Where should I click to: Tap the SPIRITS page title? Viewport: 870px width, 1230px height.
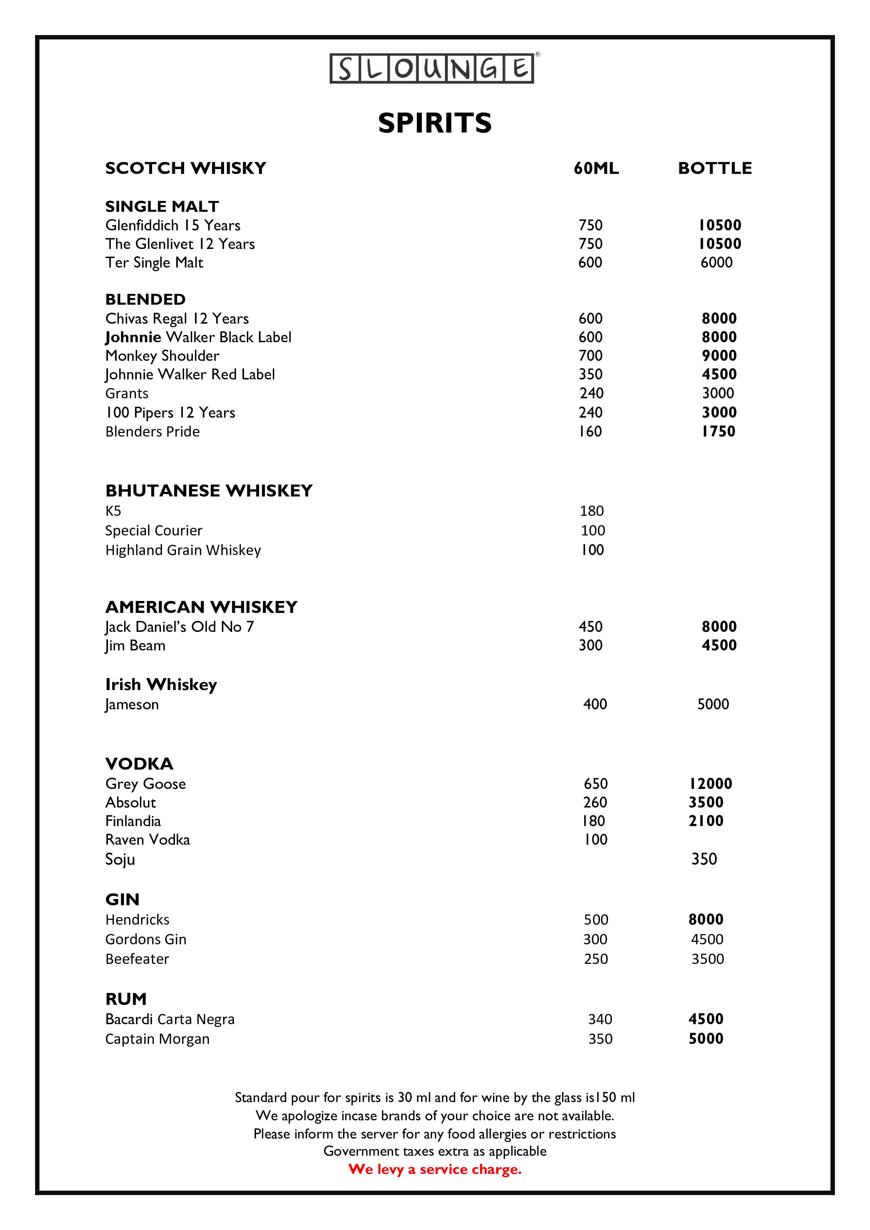434,123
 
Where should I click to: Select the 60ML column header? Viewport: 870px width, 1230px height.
596,168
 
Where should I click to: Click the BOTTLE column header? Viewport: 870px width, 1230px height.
715,168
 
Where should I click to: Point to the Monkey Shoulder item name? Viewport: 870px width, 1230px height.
162,356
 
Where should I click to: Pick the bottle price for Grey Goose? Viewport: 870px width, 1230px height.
710,784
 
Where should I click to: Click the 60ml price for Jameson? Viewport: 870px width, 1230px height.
595,704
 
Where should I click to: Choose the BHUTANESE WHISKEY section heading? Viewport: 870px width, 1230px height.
209,491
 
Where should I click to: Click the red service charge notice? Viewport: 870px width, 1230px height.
434,1169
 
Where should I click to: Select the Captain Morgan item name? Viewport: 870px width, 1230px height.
157,1039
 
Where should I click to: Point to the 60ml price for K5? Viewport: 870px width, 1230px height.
592,511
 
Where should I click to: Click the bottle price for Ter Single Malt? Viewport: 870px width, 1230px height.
716,263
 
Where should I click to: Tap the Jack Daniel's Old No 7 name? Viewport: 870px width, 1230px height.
180,627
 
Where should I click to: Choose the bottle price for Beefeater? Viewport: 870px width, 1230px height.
707,959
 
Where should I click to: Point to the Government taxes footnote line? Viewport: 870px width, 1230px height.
434,1151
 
